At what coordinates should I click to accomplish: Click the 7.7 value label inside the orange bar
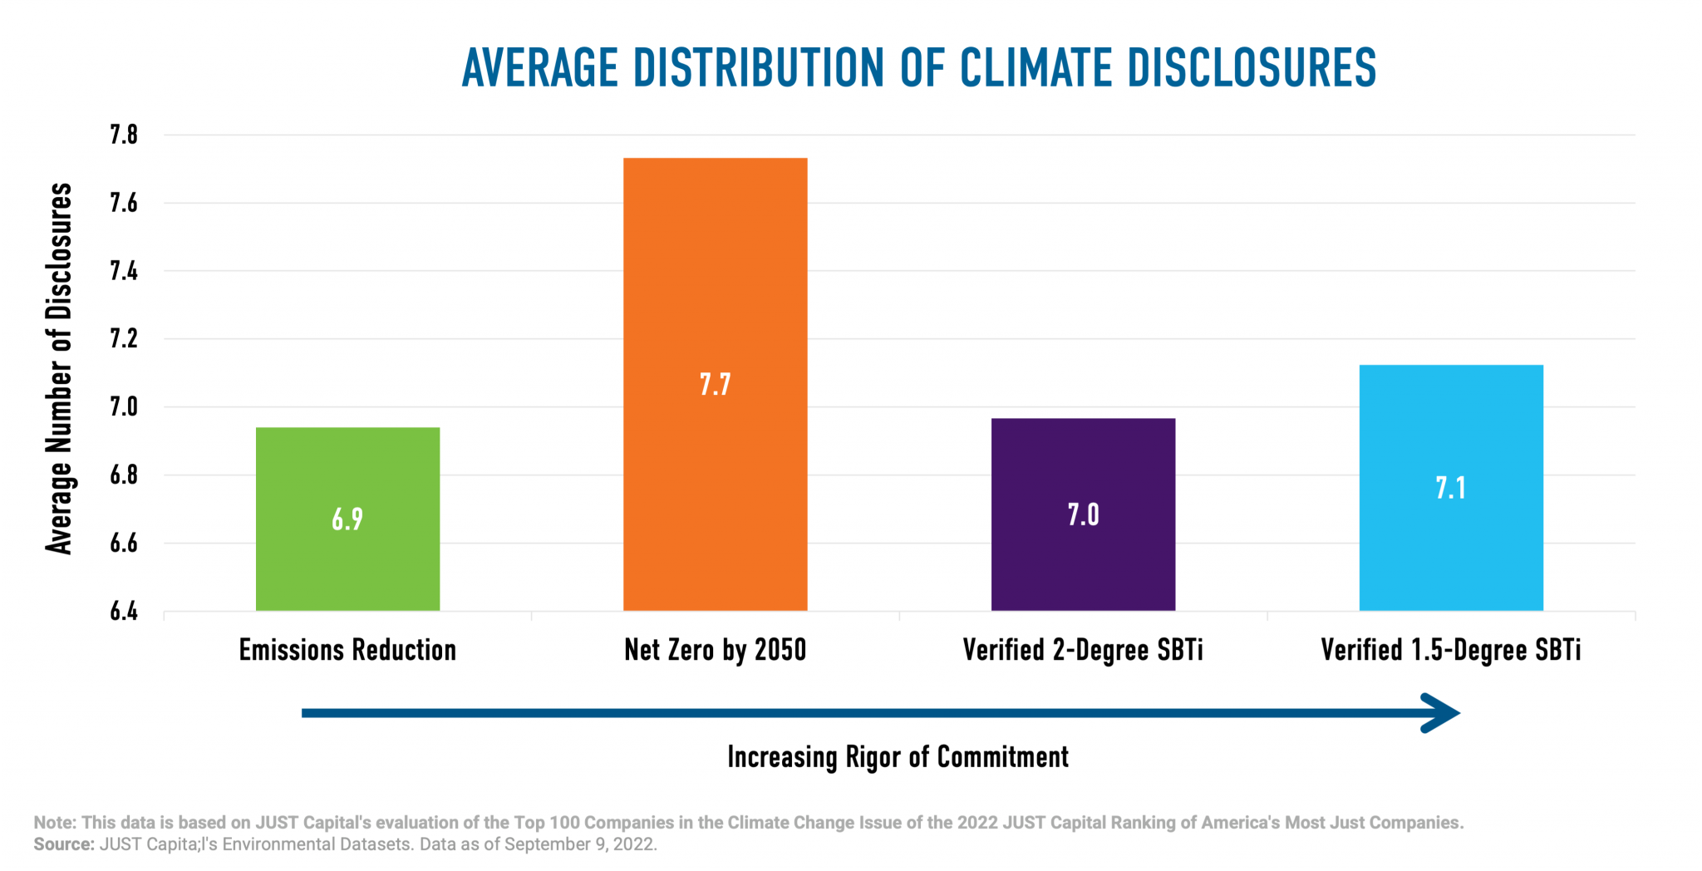[715, 385]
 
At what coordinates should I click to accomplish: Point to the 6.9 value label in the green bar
[347, 519]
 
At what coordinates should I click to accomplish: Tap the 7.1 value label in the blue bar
[1451, 488]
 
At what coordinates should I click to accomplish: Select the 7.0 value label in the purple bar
[1083, 515]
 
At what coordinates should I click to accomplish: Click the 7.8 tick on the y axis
[124, 135]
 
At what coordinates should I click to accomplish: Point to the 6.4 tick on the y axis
[124, 612]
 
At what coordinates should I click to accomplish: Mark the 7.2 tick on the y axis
[124, 339]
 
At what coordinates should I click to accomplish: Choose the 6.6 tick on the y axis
[124, 544]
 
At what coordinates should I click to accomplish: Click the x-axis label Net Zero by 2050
[715, 650]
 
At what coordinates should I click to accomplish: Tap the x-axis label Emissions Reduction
[347, 650]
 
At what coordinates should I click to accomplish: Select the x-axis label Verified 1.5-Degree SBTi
[1451, 650]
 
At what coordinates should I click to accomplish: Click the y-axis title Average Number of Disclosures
[59, 368]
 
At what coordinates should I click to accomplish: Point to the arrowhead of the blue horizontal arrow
[1442, 713]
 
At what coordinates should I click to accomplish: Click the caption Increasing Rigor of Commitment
[898, 757]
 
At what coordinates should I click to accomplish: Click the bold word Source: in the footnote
[64, 844]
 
